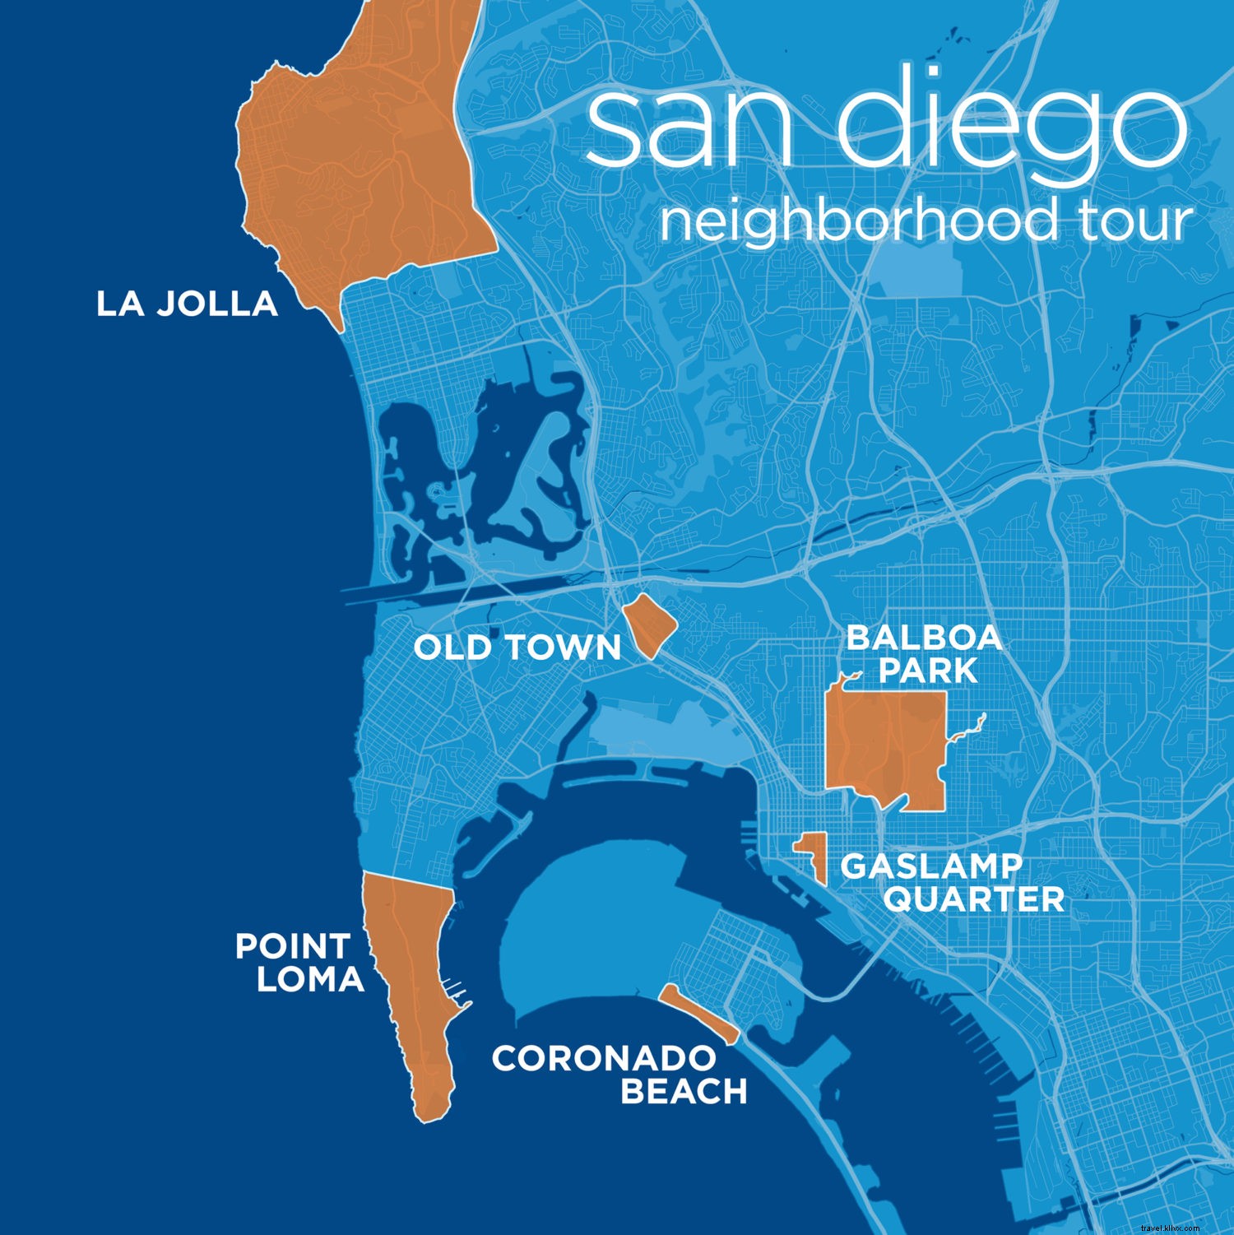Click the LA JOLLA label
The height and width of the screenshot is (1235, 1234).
click(187, 304)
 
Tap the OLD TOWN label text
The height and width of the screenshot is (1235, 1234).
click(517, 648)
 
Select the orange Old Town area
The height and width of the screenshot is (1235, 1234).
click(649, 626)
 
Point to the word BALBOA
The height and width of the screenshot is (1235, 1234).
click(924, 638)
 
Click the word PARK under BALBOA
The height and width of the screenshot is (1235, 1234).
click(927, 671)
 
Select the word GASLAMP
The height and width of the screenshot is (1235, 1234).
click(930, 866)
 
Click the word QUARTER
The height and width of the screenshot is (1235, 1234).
click(974, 899)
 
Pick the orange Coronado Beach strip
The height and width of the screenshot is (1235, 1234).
click(698, 1013)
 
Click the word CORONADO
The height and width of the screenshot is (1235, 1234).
click(604, 1059)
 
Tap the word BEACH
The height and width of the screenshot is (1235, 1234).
click(683, 1092)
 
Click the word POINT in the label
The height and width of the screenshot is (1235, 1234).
click(292, 947)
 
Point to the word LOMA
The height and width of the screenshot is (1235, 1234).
click(309, 980)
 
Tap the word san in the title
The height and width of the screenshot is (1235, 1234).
click(689, 128)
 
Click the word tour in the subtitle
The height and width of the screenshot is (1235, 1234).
click(1135, 221)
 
